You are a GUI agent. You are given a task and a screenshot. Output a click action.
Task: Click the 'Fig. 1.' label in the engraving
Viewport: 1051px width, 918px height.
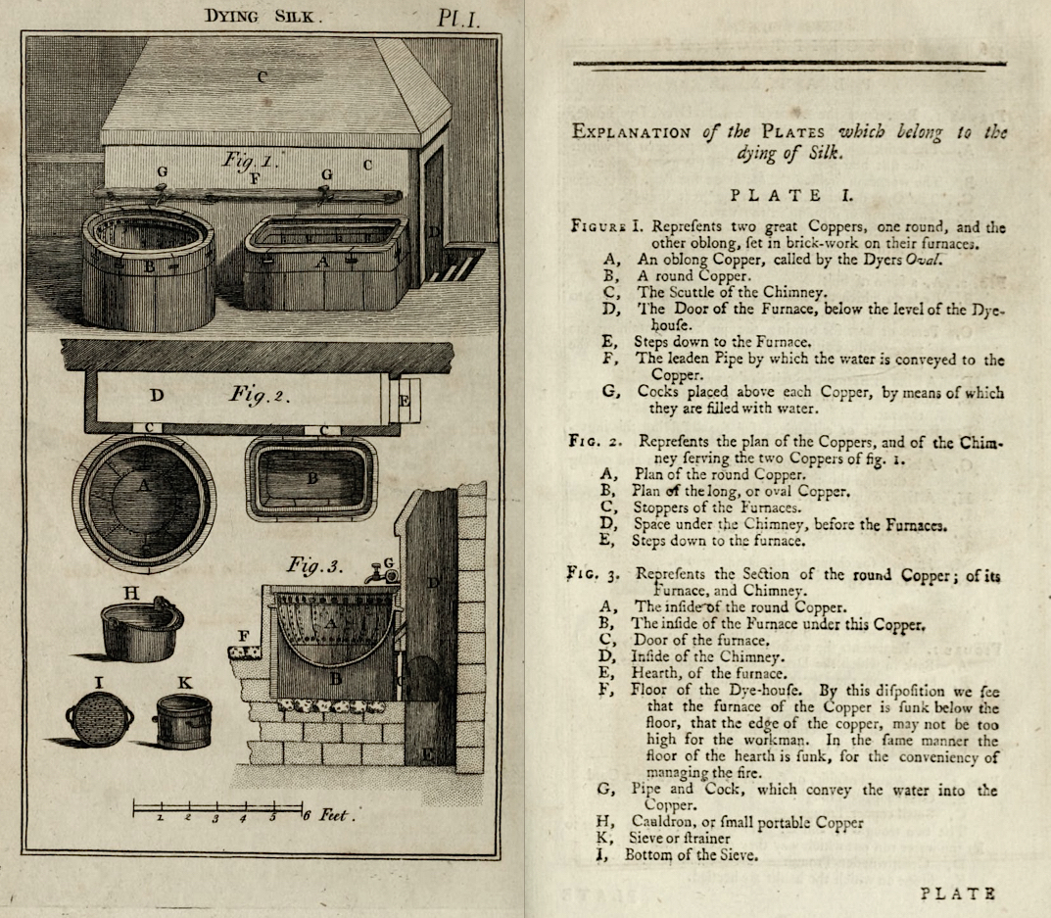click(x=250, y=161)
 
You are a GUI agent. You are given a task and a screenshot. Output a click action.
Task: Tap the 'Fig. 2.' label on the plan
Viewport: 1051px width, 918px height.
click(x=260, y=394)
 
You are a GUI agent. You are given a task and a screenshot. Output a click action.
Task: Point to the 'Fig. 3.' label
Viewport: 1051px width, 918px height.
click(x=314, y=565)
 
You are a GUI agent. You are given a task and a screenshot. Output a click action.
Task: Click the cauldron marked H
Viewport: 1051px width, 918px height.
click(x=141, y=629)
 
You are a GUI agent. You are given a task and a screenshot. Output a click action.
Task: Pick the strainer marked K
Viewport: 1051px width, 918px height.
click(x=184, y=721)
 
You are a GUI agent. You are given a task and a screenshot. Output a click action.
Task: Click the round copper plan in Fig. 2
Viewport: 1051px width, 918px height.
click(x=144, y=503)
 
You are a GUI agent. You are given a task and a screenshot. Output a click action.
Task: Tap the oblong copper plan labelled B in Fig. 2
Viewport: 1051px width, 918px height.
click(x=311, y=479)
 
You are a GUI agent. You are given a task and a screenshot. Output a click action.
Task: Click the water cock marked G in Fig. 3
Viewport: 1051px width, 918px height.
click(x=382, y=573)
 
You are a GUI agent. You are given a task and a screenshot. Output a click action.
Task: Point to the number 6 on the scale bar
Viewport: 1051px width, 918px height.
click(x=307, y=816)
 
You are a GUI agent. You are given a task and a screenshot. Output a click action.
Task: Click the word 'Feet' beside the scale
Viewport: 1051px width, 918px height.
click(x=335, y=815)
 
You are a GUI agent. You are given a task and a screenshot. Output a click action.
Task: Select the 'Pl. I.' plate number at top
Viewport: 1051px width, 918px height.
click(x=459, y=18)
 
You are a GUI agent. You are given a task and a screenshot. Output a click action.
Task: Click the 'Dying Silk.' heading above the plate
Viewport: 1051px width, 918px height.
click(x=263, y=16)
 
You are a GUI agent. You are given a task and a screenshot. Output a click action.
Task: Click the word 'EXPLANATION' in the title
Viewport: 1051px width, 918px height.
click(x=631, y=131)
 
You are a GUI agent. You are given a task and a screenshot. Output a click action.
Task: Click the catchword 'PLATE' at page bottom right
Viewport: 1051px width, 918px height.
click(x=958, y=894)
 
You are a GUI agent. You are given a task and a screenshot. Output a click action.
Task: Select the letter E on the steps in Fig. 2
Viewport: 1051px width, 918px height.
click(x=405, y=401)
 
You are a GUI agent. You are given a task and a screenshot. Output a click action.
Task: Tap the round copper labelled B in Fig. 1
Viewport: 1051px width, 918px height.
click(x=148, y=268)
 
